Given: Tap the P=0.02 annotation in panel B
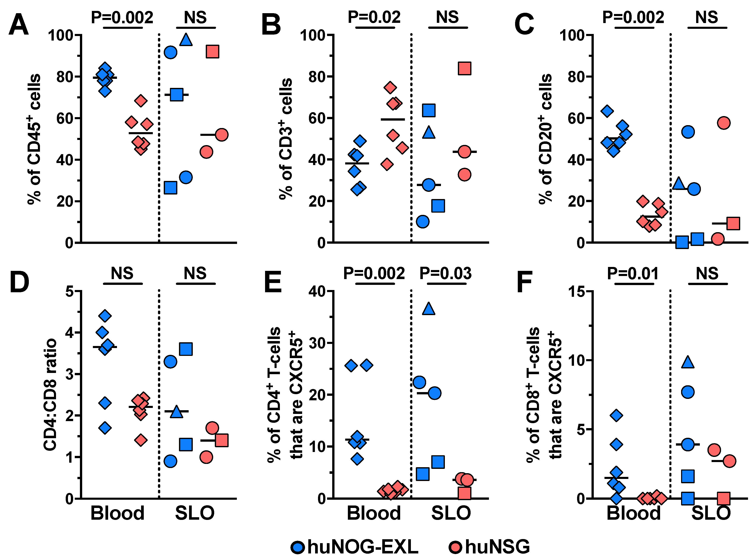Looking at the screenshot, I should [374, 17].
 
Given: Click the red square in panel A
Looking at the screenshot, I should [212, 52].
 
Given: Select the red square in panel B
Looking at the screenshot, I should [464, 68].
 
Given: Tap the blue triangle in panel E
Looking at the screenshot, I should [429, 308].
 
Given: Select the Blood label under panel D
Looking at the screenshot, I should [117, 513].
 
